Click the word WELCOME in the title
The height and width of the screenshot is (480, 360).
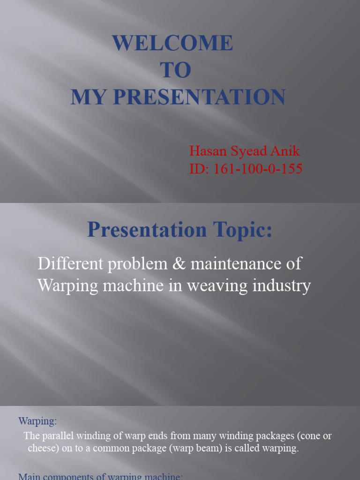click(x=172, y=44)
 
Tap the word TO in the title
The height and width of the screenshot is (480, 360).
click(x=176, y=71)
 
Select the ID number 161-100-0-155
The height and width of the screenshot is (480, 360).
click(x=257, y=169)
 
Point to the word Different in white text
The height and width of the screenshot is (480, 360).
click(x=69, y=264)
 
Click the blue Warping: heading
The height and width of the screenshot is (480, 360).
click(x=37, y=421)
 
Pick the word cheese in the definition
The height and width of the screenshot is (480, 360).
click(x=42, y=448)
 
